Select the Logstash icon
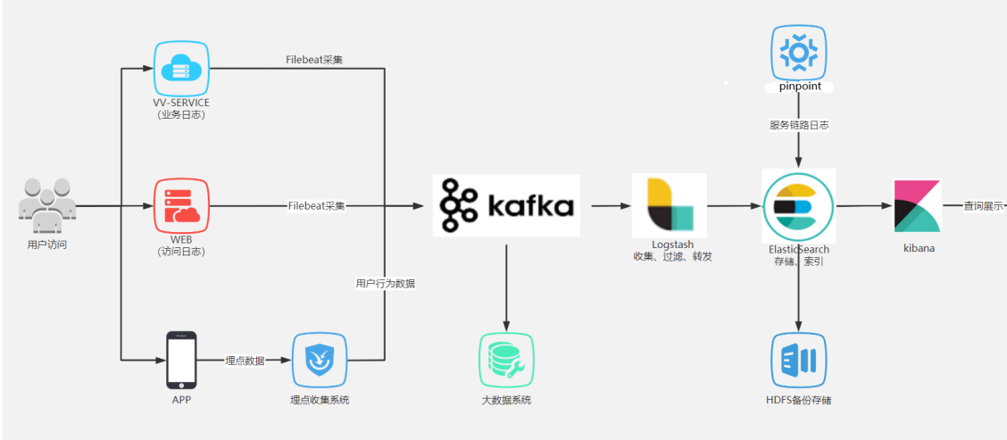[670, 205]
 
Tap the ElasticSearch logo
[798, 205]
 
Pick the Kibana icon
[917, 205]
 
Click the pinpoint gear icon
[798, 52]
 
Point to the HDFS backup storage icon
[798, 360]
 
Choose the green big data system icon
[506, 360]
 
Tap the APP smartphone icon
[181, 360]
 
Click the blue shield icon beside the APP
[320, 360]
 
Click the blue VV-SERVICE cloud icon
[181, 68]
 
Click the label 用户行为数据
[385, 284]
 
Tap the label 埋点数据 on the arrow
[244, 360]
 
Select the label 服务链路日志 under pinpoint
[798, 125]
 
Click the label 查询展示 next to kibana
[983, 205]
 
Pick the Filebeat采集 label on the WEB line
[316, 205]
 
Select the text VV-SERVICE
[181, 103]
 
